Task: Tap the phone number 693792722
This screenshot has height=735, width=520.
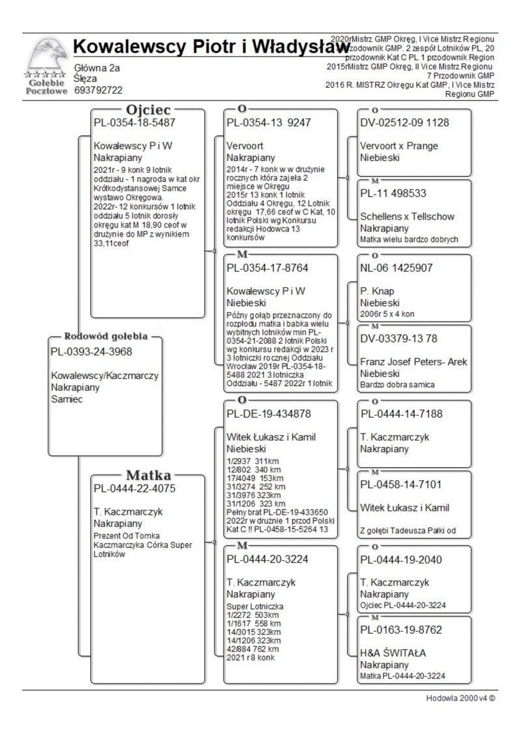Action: coord(99,90)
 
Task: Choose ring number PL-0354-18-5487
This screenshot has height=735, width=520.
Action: coord(134,122)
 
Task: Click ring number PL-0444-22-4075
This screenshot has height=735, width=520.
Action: coord(134,488)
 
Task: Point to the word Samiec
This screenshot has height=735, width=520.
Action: coord(67,398)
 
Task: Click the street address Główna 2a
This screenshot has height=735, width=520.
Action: coord(97,68)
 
